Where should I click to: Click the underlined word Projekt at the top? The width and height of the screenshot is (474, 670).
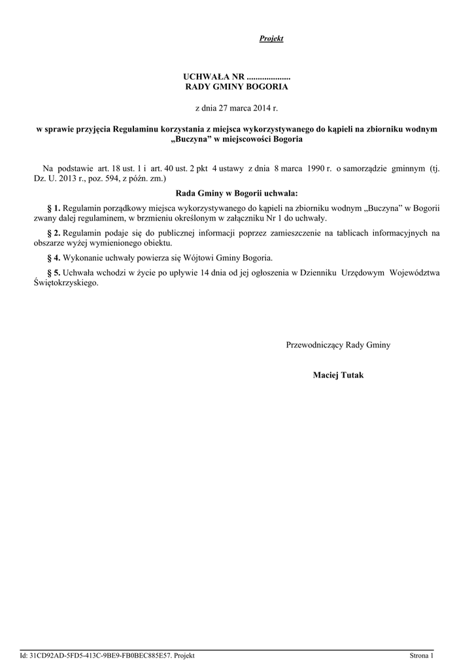tap(271, 39)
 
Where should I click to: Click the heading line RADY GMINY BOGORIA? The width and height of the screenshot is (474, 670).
tap(237, 86)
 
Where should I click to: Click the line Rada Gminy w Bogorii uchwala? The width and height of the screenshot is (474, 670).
tap(237, 193)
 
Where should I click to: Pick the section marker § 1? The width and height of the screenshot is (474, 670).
tap(54, 208)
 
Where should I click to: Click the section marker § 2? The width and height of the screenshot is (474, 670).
tap(54, 233)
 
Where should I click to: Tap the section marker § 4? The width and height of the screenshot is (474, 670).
tap(54, 258)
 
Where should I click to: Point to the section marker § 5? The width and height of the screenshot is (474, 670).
tap(54, 272)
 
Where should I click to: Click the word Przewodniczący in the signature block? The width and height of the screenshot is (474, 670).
tap(315, 345)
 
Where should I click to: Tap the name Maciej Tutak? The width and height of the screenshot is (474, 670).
tap(338, 376)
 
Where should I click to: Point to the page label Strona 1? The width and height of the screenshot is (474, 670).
tap(422, 656)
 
